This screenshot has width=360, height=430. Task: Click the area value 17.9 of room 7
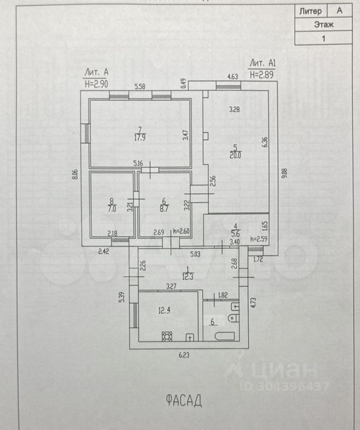pyautogui.click(x=141, y=136)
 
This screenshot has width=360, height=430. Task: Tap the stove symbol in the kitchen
pyautogui.click(x=167, y=336)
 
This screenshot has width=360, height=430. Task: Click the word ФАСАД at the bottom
pyautogui.click(x=180, y=400)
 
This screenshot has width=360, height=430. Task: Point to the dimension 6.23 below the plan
pyautogui.click(x=184, y=356)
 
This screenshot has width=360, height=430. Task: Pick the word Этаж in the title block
pyautogui.click(x=324, y=25)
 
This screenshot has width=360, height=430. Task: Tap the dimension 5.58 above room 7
pyautogui.click(x=140, y=86)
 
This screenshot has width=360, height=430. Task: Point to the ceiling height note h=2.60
pyautogui.click(x=182, y=231)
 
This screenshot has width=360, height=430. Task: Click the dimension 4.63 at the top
pyautogui.click(x=233, y=76)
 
